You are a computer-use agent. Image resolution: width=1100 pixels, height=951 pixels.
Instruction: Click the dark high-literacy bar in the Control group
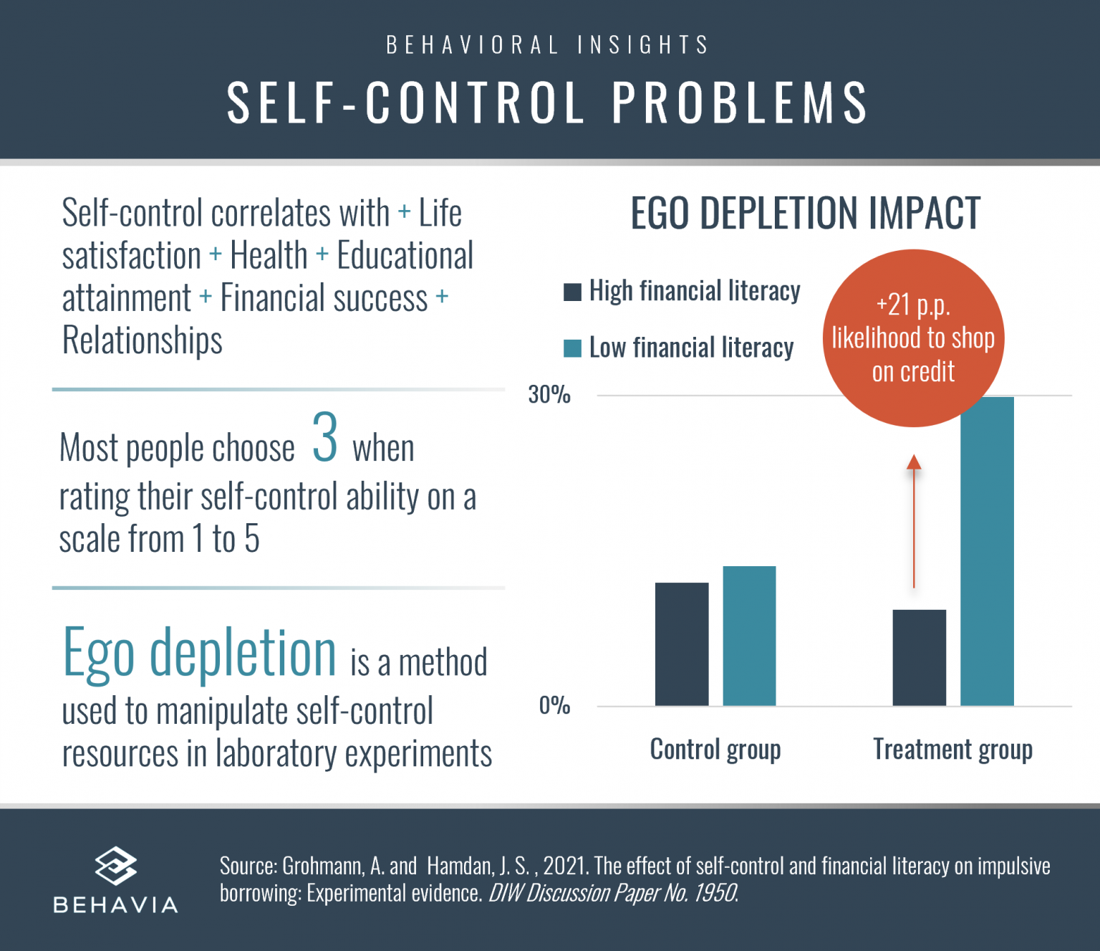coord(682,644)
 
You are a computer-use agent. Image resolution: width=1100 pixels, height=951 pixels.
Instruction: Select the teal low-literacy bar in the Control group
coord(749,636)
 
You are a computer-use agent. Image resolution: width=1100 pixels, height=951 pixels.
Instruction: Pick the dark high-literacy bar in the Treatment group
coord(919,657)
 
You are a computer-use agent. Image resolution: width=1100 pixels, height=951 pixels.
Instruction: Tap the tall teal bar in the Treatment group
coord(987,551)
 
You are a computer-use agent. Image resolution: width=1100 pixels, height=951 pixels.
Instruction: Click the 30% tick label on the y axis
coord(549,395)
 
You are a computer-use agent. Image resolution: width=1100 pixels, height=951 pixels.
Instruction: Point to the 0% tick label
coord(554,706)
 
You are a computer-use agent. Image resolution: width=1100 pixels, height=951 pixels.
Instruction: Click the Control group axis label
coord(715,750)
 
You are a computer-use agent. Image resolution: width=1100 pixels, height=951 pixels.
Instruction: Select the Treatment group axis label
coord(952,750)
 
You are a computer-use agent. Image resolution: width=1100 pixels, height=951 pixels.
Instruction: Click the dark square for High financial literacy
coord(572,292)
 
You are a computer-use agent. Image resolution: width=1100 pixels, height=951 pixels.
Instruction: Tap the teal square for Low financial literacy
coord(572,348)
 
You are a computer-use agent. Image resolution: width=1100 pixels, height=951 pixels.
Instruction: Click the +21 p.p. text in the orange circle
coord(913,305)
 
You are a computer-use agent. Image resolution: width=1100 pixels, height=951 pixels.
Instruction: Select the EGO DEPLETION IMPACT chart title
coord(805,214)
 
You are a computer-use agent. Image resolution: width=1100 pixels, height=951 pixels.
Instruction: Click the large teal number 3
coord(324,438)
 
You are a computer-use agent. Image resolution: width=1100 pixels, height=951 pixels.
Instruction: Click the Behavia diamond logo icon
coord(115,866)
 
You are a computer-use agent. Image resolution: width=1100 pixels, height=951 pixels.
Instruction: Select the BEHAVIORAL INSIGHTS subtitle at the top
coord(548,45)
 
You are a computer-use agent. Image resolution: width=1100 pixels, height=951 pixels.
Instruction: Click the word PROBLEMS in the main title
coord(740,102)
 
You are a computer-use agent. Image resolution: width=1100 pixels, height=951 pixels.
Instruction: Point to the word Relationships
coord(142,340)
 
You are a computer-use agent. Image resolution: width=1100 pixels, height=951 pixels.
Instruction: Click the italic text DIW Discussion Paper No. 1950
coord(613,893)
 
